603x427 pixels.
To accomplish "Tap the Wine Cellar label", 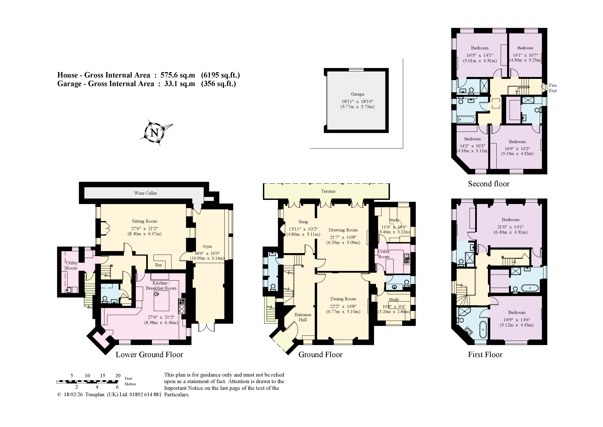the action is pos(145,193).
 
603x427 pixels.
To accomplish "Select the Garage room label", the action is pos(357,94).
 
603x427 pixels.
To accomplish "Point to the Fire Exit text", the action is pos(553,88).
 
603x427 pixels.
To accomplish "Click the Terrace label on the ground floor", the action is pos(328,191).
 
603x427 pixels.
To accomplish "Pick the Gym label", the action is pos(207,247).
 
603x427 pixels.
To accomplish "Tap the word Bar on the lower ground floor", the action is pos(159,265).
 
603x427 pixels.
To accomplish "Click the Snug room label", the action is pos(303,222).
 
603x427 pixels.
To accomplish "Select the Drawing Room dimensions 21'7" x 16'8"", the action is pos(343,237).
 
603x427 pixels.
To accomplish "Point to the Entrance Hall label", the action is pos(303,317).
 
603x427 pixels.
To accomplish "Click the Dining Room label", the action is pos(343,299).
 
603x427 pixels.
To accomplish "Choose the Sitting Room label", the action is pos(144,221).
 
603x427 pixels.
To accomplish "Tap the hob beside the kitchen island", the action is pos(182,306).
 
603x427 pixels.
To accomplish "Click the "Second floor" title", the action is pos(489,184).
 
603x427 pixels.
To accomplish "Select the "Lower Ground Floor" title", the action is pos(149,355).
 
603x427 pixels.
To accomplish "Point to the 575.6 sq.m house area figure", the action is pos(178,75).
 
